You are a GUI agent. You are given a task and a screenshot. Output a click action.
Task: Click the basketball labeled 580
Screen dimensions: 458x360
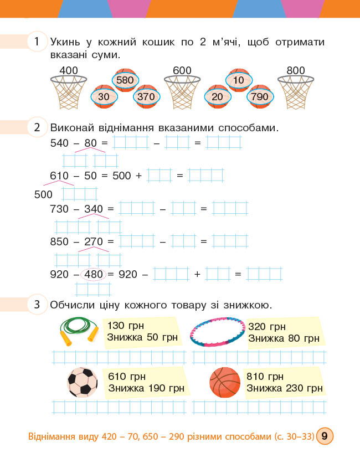pyautogui.click(x=126, y=80)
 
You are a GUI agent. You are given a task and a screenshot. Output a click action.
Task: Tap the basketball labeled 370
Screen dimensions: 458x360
pyautogui.click(x=147, y=97)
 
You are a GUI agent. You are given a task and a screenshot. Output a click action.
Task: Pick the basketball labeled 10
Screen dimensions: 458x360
pyautogui.click(x=239, y=80)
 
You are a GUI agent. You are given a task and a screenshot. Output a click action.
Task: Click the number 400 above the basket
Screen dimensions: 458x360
pyautogui.click(x=69, y=70)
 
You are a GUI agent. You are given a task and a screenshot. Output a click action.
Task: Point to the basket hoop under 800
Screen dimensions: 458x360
pyautogui.click(x=296, y=91)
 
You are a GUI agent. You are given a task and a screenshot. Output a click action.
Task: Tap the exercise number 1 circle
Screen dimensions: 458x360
pyautogui.click(x=37, y=42)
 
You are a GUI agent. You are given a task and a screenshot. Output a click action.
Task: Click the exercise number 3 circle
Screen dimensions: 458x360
pyautogui.click(x=37, y=304)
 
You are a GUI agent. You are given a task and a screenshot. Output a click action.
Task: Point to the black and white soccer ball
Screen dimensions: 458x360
pyautogui.click(x=82, y=382)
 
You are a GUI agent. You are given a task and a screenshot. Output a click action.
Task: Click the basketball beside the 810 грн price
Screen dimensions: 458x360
pyautogui.click(x=225, y=382)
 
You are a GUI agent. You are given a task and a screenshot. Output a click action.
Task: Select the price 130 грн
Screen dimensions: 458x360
pyautogui.click(x=126, y=326)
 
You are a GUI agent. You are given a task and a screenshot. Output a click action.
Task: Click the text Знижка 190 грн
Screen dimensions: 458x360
pyautogui.click(x=146, y=388)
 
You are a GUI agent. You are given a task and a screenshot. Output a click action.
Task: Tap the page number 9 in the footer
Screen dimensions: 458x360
pyautogui.click(x=324, y=436)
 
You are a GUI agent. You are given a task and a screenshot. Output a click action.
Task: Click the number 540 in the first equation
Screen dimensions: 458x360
pyautogui.click(x=59, y=143)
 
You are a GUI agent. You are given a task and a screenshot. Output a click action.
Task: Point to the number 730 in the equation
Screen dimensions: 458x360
pyautogui.click(x=59, y=209)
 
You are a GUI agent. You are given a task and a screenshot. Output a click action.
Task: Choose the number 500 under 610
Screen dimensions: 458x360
pyautogui.click(x=43, y=194)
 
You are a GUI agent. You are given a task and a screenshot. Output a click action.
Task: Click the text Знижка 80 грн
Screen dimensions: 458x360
pyautogui.click(x=284, y=338)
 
